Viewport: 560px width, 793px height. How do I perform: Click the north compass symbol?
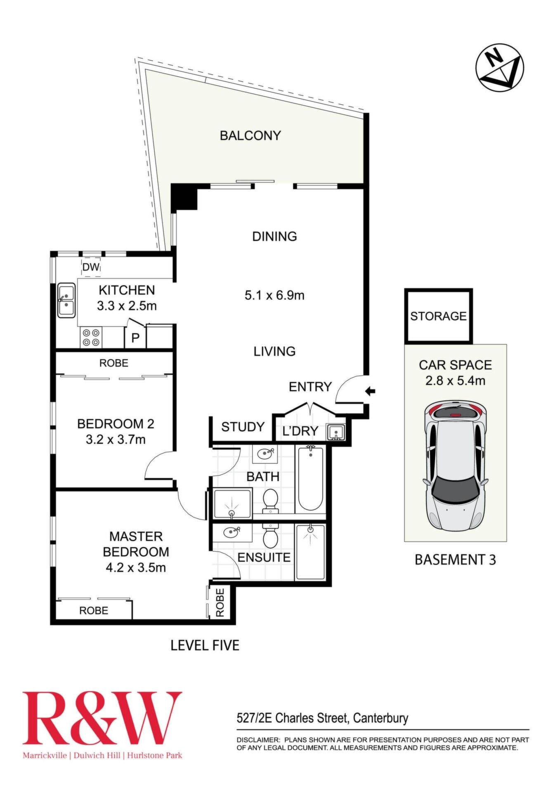499,68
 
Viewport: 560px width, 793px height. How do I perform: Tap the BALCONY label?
250,135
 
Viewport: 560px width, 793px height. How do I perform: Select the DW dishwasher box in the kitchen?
91,267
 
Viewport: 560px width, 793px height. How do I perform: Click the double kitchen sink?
66,300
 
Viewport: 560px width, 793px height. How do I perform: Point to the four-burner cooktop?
91,337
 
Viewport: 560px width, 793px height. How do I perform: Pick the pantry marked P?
135,337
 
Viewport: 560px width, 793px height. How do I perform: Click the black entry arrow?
370,391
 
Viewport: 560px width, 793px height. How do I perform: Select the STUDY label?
243,427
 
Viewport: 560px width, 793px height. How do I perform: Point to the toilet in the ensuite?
270,535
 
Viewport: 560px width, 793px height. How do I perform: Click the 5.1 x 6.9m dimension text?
274,295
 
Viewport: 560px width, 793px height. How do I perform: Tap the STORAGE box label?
438,316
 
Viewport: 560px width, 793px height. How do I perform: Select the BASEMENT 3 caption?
455,560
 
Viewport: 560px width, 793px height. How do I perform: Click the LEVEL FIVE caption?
205,645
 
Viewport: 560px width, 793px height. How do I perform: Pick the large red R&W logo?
102,717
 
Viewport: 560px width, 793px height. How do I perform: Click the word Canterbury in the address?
381,718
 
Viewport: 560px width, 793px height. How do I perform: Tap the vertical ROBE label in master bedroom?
220,603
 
